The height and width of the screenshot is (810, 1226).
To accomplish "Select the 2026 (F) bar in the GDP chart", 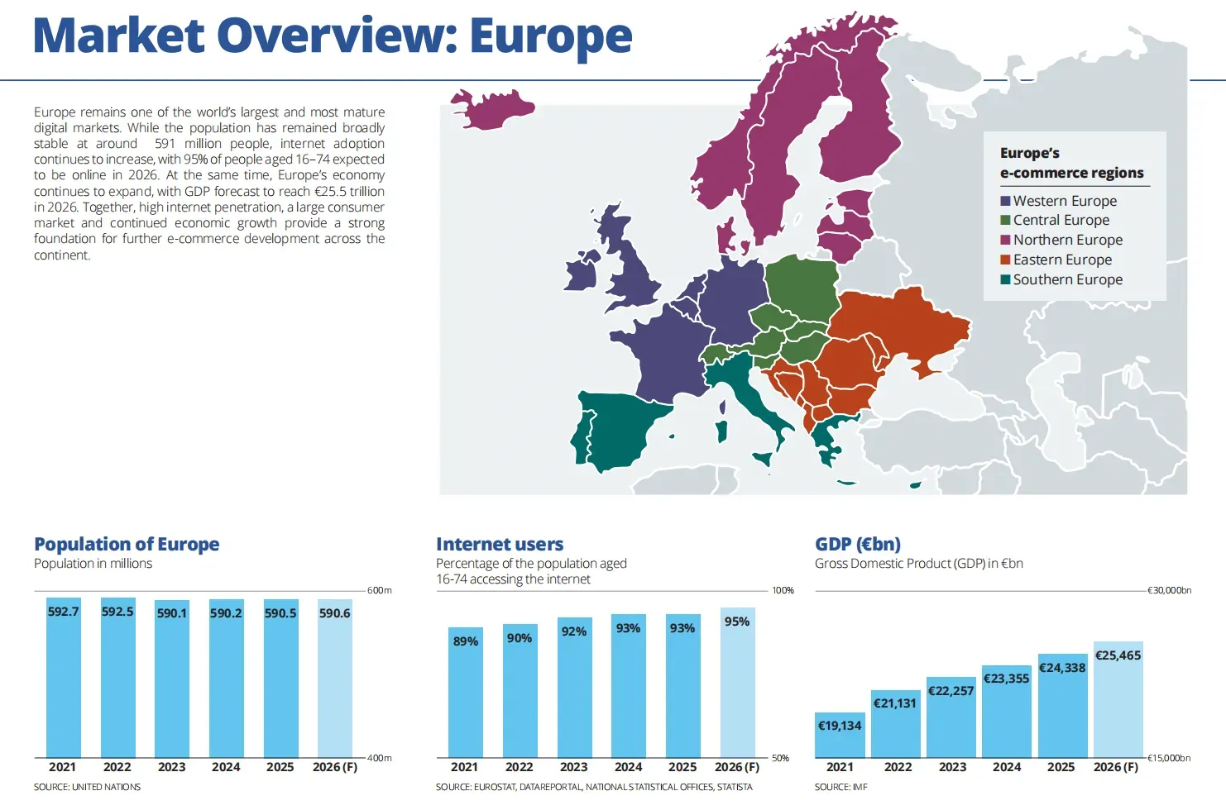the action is [x=1118, y=699].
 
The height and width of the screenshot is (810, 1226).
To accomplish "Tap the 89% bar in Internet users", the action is [x=465, y=693].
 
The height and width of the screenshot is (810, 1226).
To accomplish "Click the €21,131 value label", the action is [x=895, y=703].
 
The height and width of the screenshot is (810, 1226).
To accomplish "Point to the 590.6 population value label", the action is [x=334, y=613].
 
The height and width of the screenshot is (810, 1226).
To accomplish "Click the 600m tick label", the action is [x=379, y=591].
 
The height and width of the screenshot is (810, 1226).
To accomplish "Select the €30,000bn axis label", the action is [x=1169, y=591].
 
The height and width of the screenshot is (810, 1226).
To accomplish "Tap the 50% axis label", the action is [x=780, y=758].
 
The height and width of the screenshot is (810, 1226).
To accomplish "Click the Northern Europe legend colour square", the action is [x=1005, y=240].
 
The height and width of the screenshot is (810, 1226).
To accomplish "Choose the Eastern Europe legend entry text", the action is [x=1062, y=260].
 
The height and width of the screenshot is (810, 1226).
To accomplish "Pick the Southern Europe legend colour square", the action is [x=1005, y=279].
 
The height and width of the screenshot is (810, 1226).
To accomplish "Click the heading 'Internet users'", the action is [x=500, y=544].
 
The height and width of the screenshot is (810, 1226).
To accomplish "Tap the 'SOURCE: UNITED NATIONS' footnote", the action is [x=87, y=787].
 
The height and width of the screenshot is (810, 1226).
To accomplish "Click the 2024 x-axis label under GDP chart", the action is [x=1007, y=767].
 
